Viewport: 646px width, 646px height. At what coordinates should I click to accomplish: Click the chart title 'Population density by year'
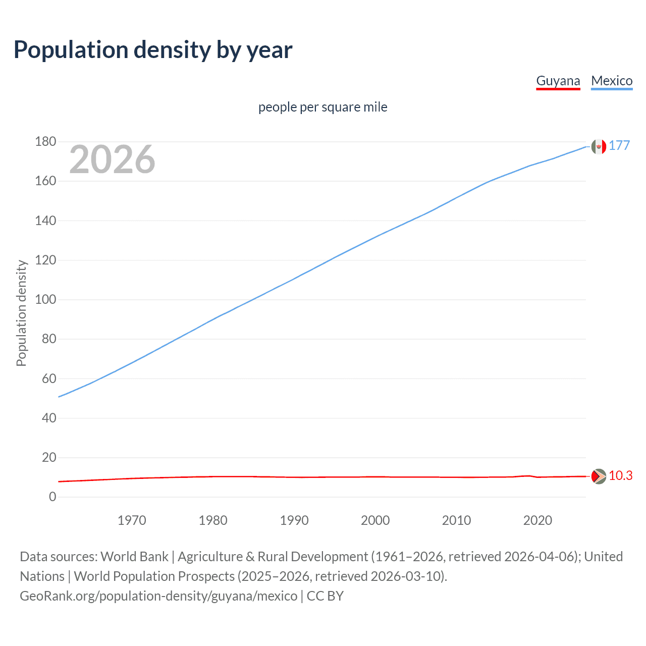pyautogui.click(x=153, y=49)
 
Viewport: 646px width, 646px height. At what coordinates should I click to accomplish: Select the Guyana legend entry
pyautogui.click(x=558, y=81)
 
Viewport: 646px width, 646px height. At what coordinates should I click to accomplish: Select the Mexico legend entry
pyautogui.click(x=612, y=81)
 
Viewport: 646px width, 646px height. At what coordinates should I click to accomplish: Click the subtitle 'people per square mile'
pyautogui.click(x=322, y=107)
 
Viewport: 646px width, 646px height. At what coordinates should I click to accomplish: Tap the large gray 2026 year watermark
pyautogui.click(x=112, y=159)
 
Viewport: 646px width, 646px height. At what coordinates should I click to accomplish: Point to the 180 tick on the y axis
pyautogui.click(x=45, y=142)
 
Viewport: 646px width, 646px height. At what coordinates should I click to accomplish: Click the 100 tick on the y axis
pyautogui.click(x=45, y=300)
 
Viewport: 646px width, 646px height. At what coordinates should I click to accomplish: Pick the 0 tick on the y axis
pyautogui.click(x=52, y=497)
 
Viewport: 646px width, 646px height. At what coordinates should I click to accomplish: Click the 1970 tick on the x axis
pyautogui.click(x=132, y=520)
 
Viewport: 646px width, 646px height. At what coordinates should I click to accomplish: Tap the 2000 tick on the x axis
pyautogui.click(x=375, y=520)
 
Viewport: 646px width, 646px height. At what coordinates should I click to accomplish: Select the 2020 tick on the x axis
pyautogui.click(x=537, y=520)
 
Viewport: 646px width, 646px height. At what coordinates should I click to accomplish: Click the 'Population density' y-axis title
pyautogui.click(x=21, y=313)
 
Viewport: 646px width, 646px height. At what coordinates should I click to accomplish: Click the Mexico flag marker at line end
pyautogui.click(x=599, y=146)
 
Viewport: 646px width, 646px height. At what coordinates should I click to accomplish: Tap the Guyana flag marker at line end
pyautogui.click(x=599, y=476)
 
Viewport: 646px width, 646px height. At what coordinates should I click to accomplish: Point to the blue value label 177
pyautogui.click(x=619, y=145)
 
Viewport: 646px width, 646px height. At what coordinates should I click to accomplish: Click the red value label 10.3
pyautogui.click(x=620, y=476)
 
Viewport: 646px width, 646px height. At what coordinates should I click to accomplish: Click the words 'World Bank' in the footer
pyautogui.click(x=134, y=557)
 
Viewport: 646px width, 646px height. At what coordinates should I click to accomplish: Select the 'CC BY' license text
pyautogui.click(x=325, y=596)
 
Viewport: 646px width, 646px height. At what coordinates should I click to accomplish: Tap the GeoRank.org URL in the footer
pyautogui.click(x=158, y=596)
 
